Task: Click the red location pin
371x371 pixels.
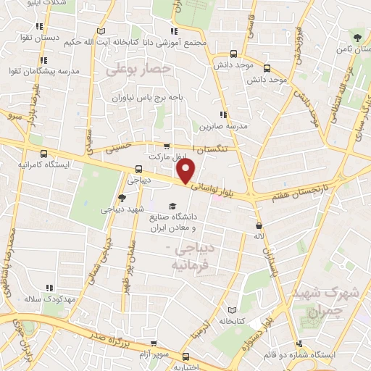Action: [186, 172]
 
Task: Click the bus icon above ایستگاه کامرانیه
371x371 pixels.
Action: [44, 154]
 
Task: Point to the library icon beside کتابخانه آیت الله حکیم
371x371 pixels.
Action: [100, 30]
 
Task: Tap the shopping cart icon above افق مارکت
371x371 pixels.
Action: [167, 146]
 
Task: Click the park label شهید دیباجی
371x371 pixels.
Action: [121, 209]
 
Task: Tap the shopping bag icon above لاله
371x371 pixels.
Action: [259, 225]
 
